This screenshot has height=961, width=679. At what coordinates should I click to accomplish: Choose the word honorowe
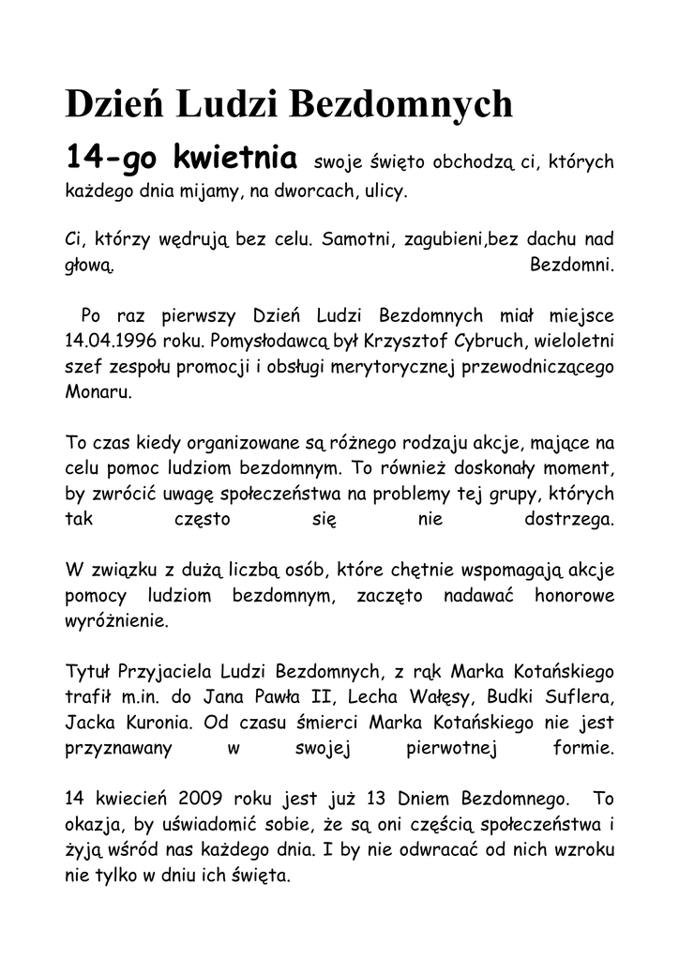click(x=574, y=595)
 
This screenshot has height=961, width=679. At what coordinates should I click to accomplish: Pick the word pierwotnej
click(x=450, y=749)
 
